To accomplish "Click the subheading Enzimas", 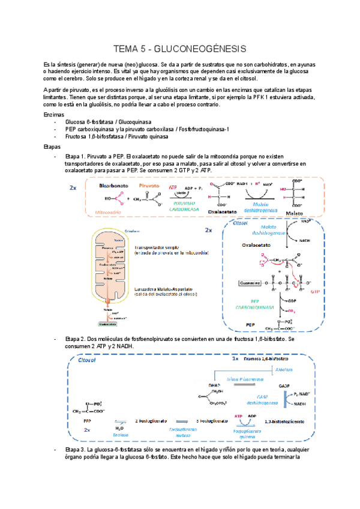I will coord(55,113).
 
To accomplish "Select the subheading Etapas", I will coord(53,146).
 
